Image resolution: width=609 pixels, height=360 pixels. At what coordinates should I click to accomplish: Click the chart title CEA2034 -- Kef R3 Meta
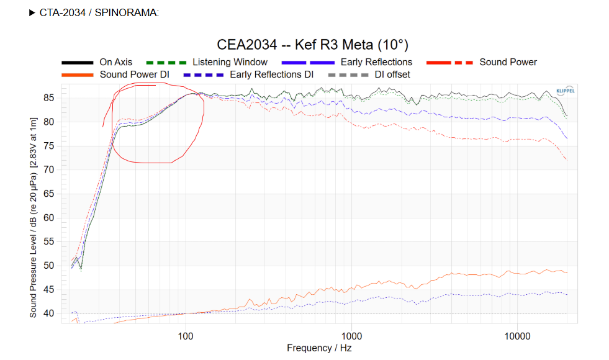[x=312, y=45]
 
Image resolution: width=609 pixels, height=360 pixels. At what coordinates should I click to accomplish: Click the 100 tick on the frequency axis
[x=185, y=336]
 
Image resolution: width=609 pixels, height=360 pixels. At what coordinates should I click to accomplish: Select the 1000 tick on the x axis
[x=351, y=336]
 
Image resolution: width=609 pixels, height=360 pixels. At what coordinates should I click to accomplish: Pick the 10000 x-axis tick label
[x=517, y=336]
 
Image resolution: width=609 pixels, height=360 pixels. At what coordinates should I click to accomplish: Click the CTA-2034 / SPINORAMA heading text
[x=99, y=12]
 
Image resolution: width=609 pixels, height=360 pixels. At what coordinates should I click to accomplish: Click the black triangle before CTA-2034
[x=32, y=12]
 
